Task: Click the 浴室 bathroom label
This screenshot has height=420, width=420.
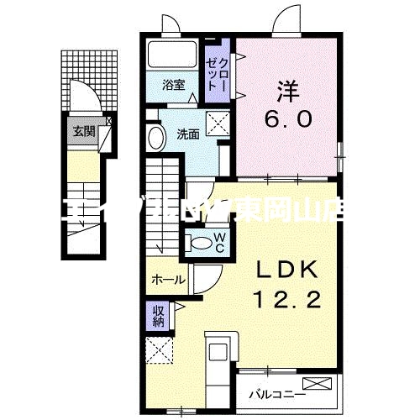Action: (174, 84)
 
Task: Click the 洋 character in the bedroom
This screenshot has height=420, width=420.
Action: (289, 87)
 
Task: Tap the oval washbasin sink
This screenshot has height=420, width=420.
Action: (156, 139)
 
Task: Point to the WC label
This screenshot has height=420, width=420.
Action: (218, 243)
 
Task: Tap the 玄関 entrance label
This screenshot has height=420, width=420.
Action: (81, 130)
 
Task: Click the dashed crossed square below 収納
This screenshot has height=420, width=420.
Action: (158, 349)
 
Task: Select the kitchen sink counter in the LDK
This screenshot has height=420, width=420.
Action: (220, 356)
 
